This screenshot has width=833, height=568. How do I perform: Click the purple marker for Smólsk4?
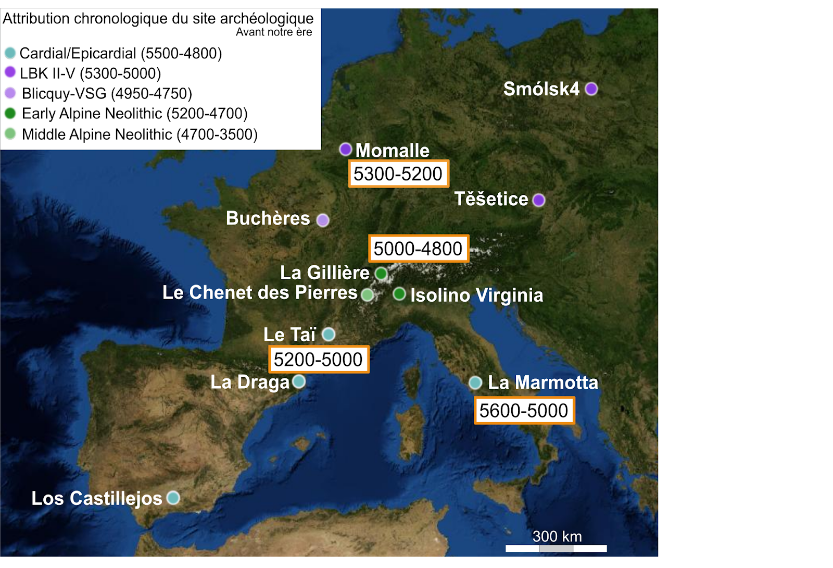click(591, 89)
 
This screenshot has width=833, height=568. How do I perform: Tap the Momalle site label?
click(392, 151)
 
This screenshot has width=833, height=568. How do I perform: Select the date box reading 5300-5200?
click(398, 174)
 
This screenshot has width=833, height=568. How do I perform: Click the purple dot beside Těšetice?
click(539, 200)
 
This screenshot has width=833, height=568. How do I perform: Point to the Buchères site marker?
click(323, 220)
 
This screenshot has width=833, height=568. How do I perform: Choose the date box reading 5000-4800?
click(418, 249)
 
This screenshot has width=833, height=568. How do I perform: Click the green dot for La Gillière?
click(381, 273)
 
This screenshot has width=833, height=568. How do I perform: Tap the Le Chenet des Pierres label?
click(260, 293)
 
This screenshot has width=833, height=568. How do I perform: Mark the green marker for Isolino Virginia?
click(399, 294)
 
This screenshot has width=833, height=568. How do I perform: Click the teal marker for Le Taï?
click(329, 334)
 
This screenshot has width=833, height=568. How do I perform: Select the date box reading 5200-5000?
click(318, 360)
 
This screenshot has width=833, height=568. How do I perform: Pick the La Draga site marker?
click(299, 381)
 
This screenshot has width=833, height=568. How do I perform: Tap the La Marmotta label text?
click(543, 382)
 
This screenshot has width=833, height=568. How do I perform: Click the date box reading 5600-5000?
click(524, 411)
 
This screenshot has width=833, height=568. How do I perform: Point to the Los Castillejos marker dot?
click(173, 498)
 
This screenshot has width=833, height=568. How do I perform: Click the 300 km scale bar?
click(556, 548)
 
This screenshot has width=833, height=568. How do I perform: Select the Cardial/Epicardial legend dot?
click(10, 53)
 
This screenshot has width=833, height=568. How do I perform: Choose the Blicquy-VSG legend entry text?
click(107, 94)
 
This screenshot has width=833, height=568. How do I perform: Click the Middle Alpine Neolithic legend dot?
click(10, 134)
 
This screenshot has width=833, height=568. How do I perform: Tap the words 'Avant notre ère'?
click(274, 32)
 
